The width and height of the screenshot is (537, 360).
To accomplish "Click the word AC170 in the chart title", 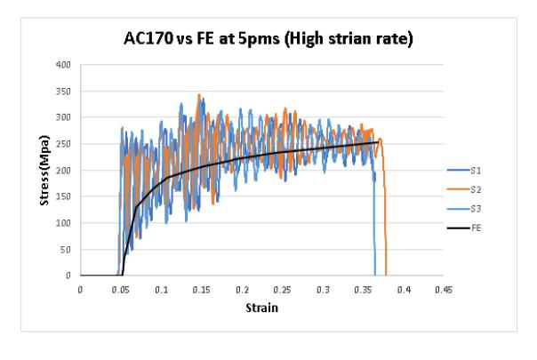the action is coord(148,38).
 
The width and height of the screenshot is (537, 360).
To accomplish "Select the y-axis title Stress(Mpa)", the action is coord(44,171).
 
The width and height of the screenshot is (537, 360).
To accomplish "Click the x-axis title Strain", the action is coord(262,308).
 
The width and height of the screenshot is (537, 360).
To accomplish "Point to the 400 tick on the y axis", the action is coord(63,64).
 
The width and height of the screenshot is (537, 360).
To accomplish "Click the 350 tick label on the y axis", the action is coord(63,92).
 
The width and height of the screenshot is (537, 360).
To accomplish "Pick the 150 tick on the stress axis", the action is coord(63,196).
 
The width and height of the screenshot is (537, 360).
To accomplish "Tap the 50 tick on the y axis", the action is coord(66,250).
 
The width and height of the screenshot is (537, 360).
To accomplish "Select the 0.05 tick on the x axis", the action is coord(121,290).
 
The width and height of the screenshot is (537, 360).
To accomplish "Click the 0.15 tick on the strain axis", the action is coord(201,290).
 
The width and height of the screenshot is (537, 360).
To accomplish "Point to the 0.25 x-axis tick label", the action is coord(282,290).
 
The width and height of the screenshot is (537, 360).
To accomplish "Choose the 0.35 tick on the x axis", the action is coord(363,290).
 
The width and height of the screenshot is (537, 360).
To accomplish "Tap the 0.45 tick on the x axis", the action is coord(444,290).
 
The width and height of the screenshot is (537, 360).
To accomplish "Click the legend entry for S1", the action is coord(464,171).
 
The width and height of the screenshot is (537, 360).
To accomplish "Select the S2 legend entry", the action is coord(464,189).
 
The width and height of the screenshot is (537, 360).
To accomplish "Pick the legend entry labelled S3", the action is coord(464,209).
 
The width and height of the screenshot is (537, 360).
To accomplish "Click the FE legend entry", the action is coord(464,228).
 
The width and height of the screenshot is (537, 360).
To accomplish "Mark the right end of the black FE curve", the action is coord(378,142).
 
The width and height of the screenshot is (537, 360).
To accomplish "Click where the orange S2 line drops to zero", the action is coord(386,275).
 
